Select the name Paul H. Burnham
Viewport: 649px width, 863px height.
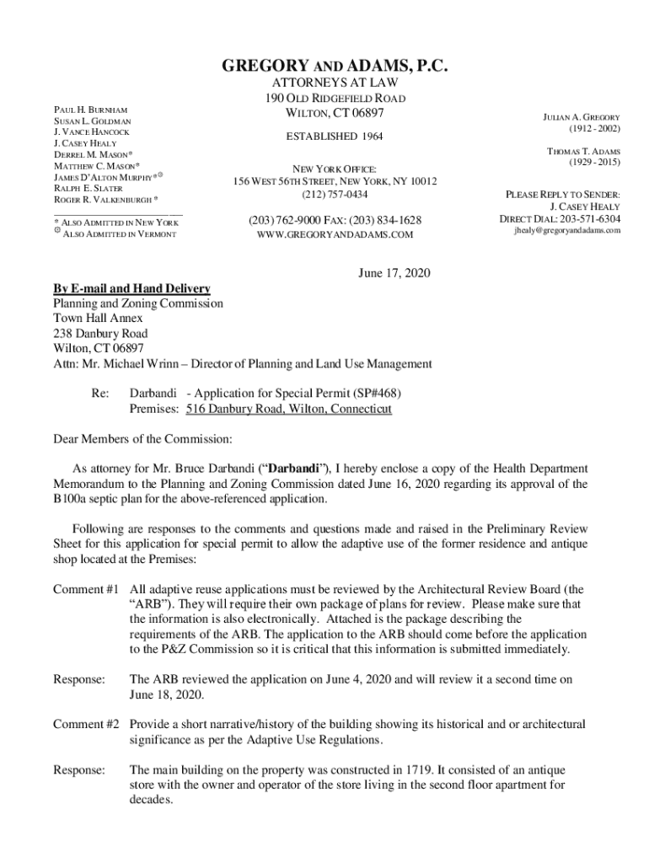coord(90,110)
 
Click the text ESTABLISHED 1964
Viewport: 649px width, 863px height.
coord(335,136)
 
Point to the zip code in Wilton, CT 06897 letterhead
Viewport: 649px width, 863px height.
coord(364,113)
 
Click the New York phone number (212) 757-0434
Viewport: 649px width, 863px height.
coord(335,195)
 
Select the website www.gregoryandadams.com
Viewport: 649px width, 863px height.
coord(335,234)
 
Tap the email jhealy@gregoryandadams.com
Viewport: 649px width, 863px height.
coord(567,230)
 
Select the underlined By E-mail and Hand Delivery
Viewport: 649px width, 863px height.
coord(131,288)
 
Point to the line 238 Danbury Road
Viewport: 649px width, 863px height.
coord(100,334)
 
